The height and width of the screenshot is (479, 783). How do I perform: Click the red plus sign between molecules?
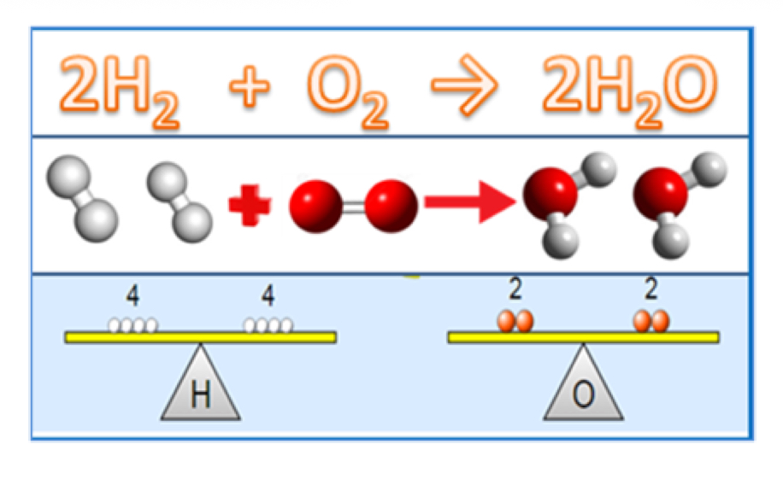coord(249,206)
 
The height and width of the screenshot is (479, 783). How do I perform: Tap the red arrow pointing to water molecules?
coord(469,203)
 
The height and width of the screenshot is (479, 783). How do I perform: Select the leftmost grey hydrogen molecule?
coord(82,197)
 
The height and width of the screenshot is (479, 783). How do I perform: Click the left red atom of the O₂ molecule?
coord(317,206)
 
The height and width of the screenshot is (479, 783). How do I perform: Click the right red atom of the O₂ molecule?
coord(391,204)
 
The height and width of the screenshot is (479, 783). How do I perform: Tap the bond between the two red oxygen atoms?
coord(354,205)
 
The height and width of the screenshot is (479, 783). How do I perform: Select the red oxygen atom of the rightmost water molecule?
coord(659,196)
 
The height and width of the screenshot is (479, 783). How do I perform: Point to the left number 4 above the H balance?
coord(132,296)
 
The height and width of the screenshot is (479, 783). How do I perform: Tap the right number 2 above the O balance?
coord(651,290)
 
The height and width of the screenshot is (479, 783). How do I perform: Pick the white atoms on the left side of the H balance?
coord(132,325)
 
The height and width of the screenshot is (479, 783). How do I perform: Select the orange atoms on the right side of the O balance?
coord(651,322)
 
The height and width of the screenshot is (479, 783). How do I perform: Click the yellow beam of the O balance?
coord(583,337)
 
